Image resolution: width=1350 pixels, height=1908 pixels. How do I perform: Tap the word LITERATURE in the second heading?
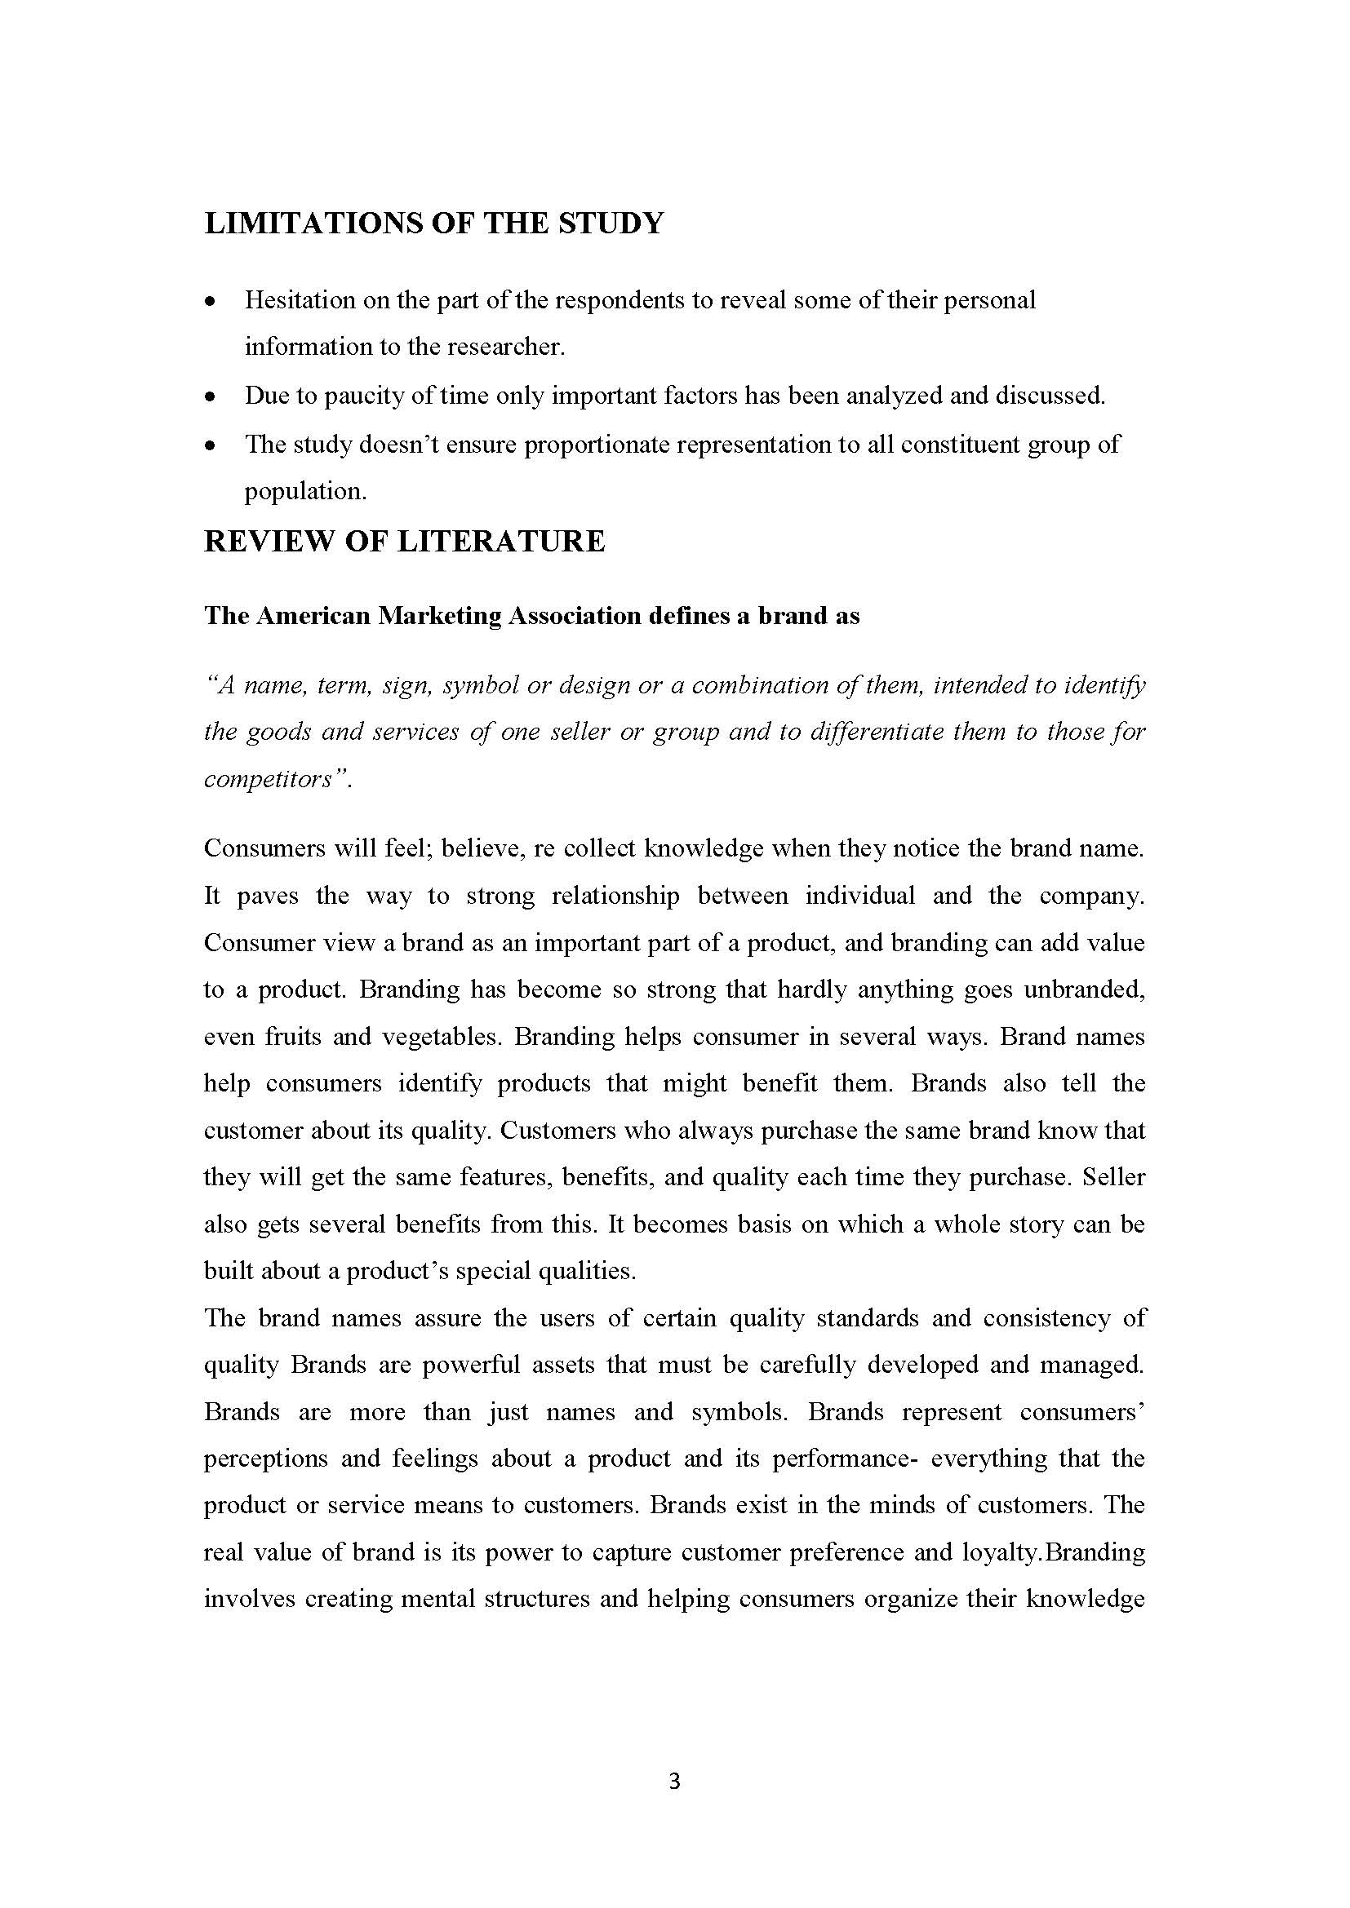click(501, 542)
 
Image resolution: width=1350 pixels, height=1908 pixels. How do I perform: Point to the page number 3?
click(674, 1782)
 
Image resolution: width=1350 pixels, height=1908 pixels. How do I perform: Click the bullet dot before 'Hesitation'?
click(211, 301)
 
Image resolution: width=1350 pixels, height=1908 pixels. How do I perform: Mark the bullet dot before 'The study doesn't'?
click(211, 446)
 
